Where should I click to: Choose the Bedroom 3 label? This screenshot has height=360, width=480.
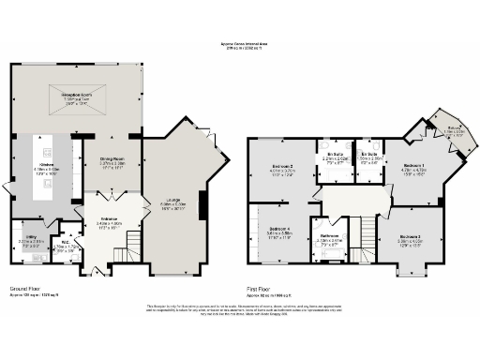[409, 236]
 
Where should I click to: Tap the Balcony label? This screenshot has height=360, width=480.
[453, 129]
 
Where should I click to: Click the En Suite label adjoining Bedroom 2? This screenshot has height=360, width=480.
[335, 156]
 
